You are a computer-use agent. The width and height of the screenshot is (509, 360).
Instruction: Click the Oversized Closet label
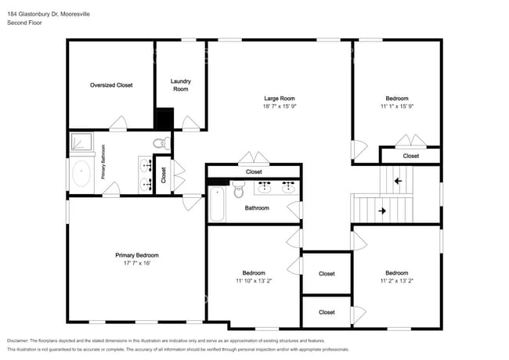click(x=110, y=85)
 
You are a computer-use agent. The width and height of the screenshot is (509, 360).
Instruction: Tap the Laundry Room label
click(x=181, y=85)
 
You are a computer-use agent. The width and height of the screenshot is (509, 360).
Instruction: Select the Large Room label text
click(x=279, y=98)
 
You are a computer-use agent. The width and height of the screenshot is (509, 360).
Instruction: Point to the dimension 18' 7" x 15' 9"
click(x=279, y=106)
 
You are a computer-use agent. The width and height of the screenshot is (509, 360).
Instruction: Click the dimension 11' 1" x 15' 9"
click(x=395, y=106)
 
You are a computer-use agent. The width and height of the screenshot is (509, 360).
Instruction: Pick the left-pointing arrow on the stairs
click(x=398, y=181)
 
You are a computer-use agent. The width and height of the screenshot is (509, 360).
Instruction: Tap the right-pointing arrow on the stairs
click(x=382, y=211)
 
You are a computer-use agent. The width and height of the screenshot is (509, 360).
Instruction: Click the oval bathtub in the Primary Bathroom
click(x=81, y=174)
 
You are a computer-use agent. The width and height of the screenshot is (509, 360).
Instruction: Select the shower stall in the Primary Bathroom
click(x=81, y=142)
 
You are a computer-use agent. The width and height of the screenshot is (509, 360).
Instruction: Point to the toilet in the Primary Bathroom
click(x=161, y=142)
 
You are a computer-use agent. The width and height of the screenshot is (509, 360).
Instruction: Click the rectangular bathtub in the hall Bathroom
click(x=217, y=204)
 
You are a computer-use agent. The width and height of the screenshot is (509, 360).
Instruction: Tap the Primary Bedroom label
click(x=137, y=255)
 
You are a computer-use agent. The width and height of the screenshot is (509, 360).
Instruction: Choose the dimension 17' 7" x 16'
click(x=137, y=263)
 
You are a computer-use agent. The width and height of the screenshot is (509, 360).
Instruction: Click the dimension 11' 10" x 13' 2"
click(x=254, y=280)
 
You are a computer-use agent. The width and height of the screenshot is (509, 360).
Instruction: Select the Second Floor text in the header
click(x=25, y=23)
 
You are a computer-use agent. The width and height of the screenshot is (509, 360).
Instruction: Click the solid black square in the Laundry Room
click(x=164, y=119)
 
